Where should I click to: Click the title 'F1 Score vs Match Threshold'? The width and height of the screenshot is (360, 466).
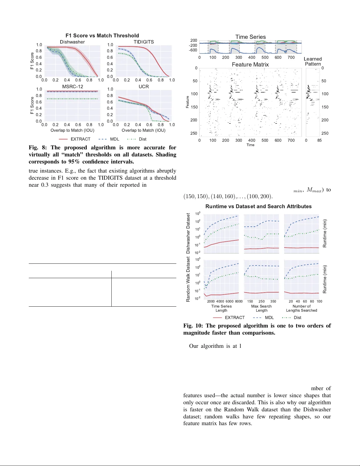tap(102, 36)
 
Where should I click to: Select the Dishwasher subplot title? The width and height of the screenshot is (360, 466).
tap(72, 42)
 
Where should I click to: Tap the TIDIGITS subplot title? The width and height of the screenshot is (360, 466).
tap(144, 42)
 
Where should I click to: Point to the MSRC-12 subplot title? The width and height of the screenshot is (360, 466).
tap(73, 86)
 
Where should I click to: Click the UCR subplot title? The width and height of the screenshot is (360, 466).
tap(144, 86)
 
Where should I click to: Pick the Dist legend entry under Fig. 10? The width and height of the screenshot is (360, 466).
tap(297, 318)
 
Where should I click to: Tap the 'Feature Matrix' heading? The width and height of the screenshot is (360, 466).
tap(250, 65)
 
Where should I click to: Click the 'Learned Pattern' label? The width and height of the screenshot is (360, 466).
tap(313, 61)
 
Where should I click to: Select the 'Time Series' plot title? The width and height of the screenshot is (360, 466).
tap(250, 37)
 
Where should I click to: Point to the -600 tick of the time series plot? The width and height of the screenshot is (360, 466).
tap(193, 50)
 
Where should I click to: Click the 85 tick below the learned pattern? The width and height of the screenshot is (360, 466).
tap(319, 141)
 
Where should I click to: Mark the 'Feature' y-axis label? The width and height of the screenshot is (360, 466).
tap(187, 102)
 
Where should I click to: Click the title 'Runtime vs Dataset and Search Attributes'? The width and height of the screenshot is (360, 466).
tap(258, 206)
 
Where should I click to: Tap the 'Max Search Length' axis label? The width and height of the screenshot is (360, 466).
tap(261, 308)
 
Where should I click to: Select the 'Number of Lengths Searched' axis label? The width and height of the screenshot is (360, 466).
tap(302, 308)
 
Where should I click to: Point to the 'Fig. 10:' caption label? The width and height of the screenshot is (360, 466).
tap(193, 326)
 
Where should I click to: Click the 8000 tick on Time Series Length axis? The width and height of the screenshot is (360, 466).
tap(239, 301)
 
